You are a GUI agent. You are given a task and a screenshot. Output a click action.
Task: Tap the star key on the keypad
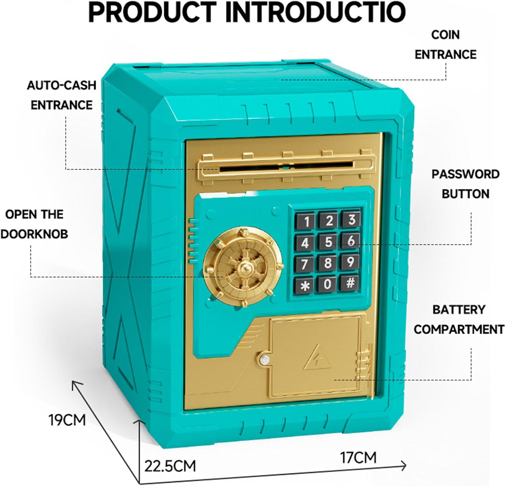pyautogui.click(x=306, y=286)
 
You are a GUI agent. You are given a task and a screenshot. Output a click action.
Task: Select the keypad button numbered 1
pyautogui.click(x=307, y=222)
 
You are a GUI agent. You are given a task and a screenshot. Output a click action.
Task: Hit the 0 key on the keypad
pyautogui.click(x=328, y=284)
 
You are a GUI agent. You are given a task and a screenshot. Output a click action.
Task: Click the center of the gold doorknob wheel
pyautogui.click(x=244, y=268)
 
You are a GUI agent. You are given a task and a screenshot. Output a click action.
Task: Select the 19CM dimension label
pyautogui.click(x=67, y=420)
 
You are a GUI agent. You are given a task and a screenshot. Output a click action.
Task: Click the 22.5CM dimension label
pyautogui.click(x=170, y=466)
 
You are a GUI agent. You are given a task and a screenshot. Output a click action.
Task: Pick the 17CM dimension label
pyautogui.click(x=358, y=458)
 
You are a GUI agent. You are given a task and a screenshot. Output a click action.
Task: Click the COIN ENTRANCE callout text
pyautogui.click(x=445, y=45)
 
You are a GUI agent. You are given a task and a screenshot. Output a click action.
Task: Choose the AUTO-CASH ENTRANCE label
pyautogui.click(x=61, y=95)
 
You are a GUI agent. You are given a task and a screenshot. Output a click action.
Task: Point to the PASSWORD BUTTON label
pyautogui.click(x=465, y=184)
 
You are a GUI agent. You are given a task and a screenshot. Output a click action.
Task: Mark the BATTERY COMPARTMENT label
pyautogui.click(x=459, y=319)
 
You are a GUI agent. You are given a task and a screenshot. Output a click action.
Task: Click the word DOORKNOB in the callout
pyautogui.click(x=34, y=234)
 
